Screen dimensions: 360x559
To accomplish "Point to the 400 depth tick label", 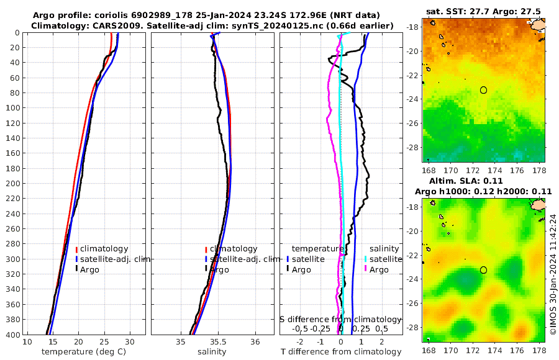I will tap(12, 335).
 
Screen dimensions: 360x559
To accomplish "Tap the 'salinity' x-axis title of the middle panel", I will tap(211, 352).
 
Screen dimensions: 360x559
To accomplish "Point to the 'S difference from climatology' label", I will tap(340, 319).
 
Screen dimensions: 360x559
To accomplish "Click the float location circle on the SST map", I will tap(483, 90).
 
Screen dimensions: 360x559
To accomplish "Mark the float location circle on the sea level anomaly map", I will tap(483, 270).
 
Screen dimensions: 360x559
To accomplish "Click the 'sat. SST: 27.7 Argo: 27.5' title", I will tap(483, 12).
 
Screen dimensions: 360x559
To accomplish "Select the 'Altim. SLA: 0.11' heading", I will tap(483, 181).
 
